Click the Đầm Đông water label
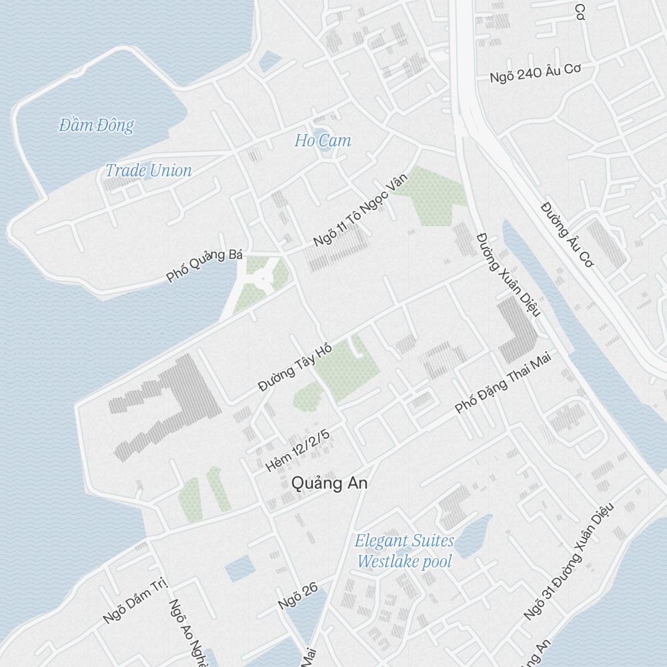pyautogui.click(x=96, y=125)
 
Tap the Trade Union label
pyautogui.click(x=148, y=170)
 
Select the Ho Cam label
pyautogui.click(x=322, y=141)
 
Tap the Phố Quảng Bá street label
pyautogui.click(x=205, y=265)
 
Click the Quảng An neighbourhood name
pyautogui.click(x=329, y=484)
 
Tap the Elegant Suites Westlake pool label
pyautogui.click(x=404, y=551)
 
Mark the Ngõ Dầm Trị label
pyautogui.click(x=134, y=601)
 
